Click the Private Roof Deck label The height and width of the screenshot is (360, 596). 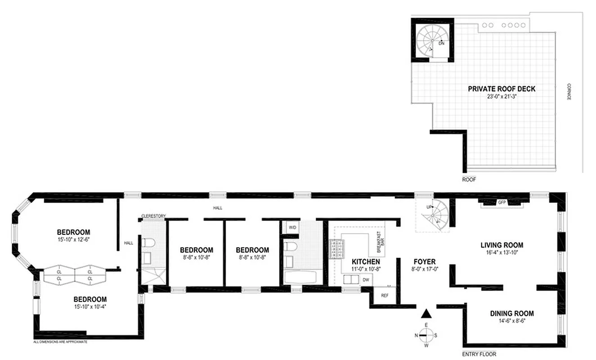pyautogui.click(x=502, y=89)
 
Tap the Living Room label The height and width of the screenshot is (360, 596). pyautogui.click(x=502, y=245)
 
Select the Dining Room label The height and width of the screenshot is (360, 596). pyautogui.click(x=512, y=314)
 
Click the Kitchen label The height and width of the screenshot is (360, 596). pyautogui.click(x=366, y=261)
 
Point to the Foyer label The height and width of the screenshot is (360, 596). pyautogui.click(x=423, y=261)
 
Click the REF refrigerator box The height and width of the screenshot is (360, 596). pyautogui.click(x=385, y=296)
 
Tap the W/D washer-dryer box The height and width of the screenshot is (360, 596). pyautogui.click(x=292, y=227)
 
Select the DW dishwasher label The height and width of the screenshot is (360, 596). pyautogui.click(x=366, y=279)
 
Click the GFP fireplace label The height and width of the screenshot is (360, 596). pyautogui.click(x=502, y=203)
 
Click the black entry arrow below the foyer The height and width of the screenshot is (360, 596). pyautogui.click(x=427, y=314)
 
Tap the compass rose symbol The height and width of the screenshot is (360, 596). pyautogui.click(x=426, y=335)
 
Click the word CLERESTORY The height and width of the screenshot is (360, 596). pyautogui.click(x=154, y=216)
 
